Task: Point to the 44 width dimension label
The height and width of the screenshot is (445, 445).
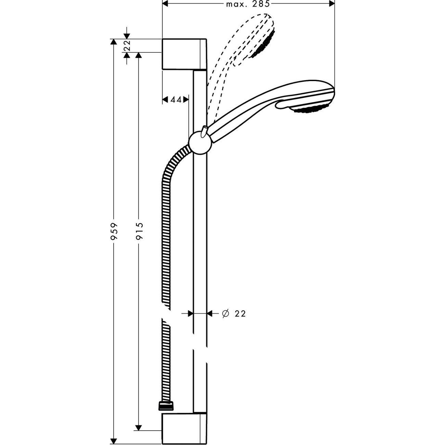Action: pos(176,100)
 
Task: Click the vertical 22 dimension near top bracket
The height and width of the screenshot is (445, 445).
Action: pos(127,46)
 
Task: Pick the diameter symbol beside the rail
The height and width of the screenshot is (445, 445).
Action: pos(225,313)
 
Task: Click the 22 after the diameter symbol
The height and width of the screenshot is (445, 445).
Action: pos(240,314)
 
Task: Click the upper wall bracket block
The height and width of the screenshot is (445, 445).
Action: pos(184,54)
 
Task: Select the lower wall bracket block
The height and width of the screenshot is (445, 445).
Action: pos(184,428)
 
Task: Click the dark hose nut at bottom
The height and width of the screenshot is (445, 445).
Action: pos(166,406)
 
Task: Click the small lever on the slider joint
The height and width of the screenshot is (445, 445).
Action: pos(204,131)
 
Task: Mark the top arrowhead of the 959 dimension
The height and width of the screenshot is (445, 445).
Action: pos(114,42)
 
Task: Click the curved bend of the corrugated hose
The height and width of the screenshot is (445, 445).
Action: pos(173,161)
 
